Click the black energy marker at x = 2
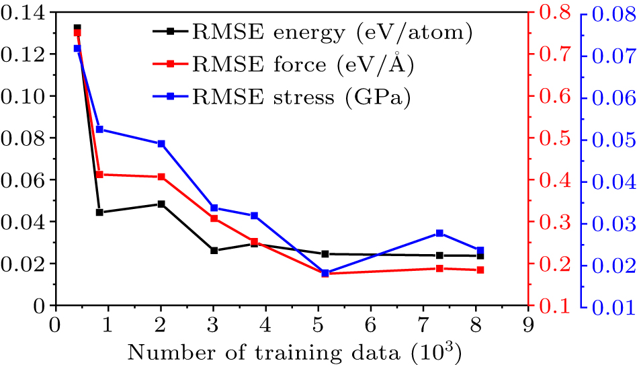point(161,204)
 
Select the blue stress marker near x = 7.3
point(439,233)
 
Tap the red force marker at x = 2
point(161,177)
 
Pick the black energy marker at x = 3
point(214,251)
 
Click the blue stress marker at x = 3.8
point(255,216)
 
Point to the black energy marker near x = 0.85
point(99,212)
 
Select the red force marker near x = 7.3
point(439,268)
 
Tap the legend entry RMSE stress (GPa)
point(282,97)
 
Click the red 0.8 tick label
point(548,12)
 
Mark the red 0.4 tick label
point(548,180)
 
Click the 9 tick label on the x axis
point(529,324)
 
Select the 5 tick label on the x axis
point(318,324)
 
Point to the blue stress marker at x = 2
point(161,144)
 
